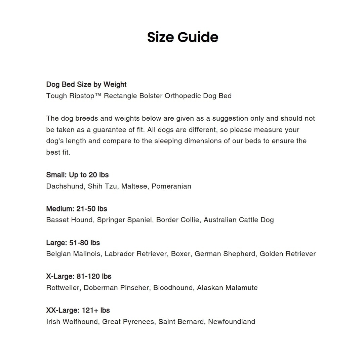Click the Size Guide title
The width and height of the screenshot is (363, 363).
click(183, 37)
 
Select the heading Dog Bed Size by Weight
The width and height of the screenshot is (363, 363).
click(86, 84)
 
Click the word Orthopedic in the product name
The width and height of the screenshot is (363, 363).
click(183, 96)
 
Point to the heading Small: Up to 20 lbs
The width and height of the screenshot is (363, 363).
click(77, 175)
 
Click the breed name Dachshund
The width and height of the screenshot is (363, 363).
click(65, 186)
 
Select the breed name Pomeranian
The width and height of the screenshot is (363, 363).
click(171, 186)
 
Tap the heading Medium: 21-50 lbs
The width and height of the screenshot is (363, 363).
click(77, 209)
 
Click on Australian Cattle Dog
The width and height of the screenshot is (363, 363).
click(239, 220)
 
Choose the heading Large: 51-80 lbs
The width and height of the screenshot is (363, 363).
click(73, 243)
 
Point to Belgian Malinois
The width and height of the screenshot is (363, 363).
click(73, 254)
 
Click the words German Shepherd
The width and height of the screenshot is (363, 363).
click(225, 254)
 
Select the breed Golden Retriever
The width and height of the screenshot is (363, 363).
click(288, 254)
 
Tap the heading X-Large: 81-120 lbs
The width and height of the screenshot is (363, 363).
click(79, 276)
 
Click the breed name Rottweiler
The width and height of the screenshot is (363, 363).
click(63, 288)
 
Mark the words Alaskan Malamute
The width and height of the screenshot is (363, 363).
click(227, 288)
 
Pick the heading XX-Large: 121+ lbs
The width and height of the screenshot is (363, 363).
click(78, 310)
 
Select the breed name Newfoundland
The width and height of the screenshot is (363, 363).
click(232, 322)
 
